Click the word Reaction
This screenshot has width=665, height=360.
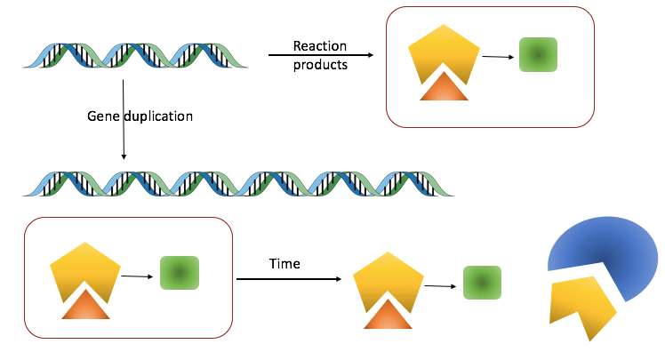pyautogui.click(x=319, y=46)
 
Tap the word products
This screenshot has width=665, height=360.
pyautogui.click(x=320, y=65)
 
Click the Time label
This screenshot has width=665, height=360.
pyautogui.click(x=284, y=264)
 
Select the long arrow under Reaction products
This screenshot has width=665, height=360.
pyautogui.click(x=320, y=55)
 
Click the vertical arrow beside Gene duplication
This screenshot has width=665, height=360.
pyautogui.click(x=123, y=120)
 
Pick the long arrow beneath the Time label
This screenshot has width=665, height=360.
pyautogui.click(x=289, y=279)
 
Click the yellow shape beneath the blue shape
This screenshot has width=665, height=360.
pyautogui.click(x=582, y=306)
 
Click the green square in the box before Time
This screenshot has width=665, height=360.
pyautogui.click(x=179, y=273)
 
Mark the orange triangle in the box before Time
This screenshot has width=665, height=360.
pyautogui.click(x=86, y=305)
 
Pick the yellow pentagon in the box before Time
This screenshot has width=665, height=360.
pyautogui.click(x=85, y=271)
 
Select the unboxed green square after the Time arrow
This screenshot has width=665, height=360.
pyautogui.click(x=482, y=284)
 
